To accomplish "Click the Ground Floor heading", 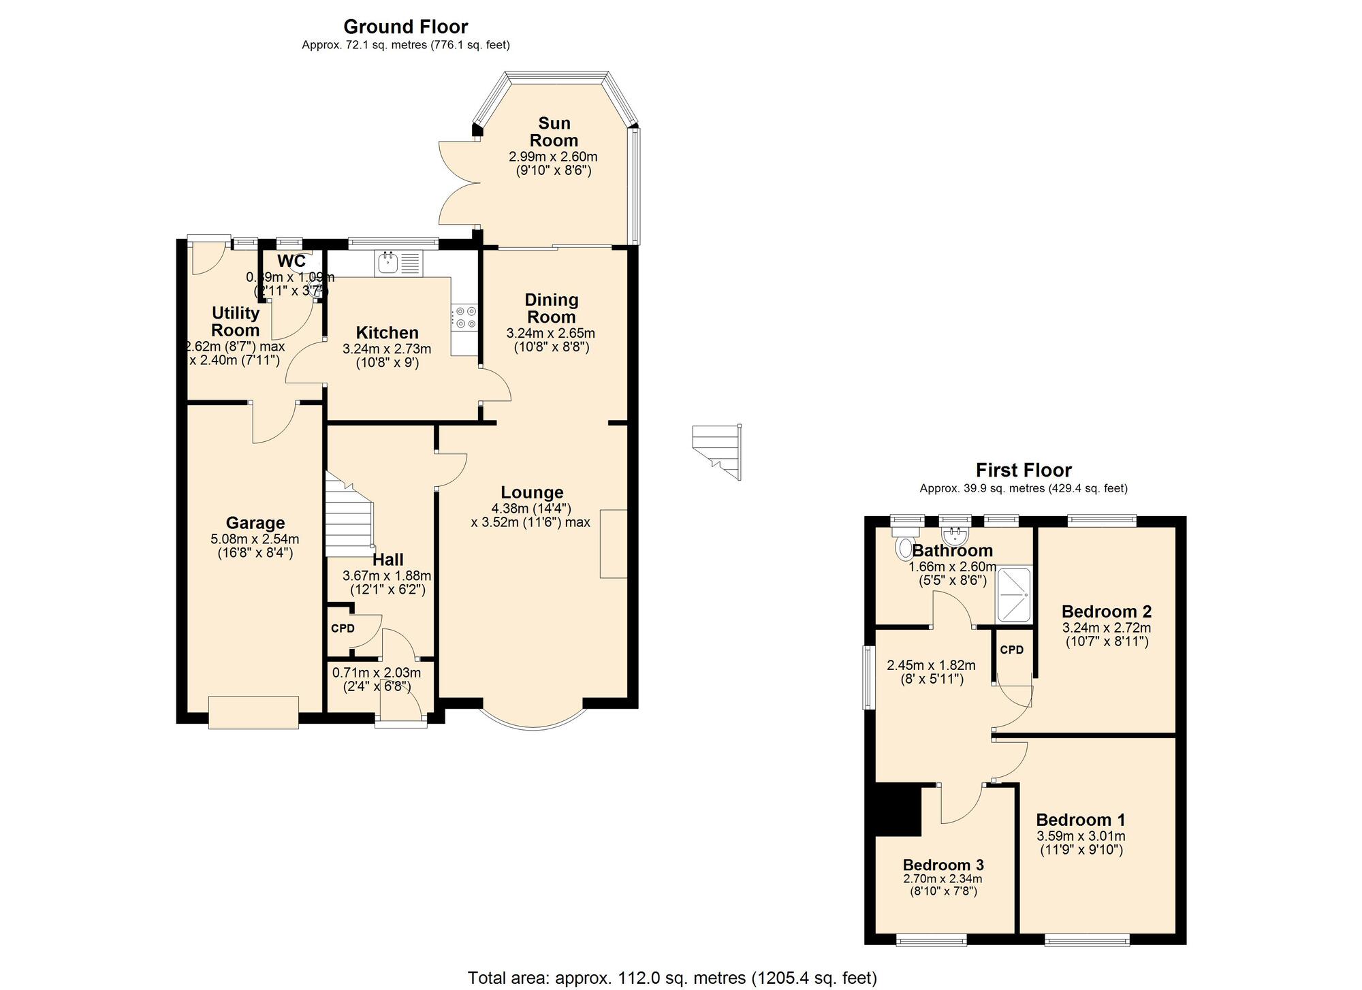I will click(x=405, y=27).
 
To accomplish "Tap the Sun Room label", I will click(x=554, y=132).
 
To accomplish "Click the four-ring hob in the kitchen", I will click(x=466, y=317).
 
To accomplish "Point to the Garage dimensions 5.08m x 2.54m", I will click(x=255, y=539).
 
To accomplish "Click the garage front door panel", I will click(x=253, y=712).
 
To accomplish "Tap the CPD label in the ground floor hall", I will click(x=343, y=628).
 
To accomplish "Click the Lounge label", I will click(x=532, y=492).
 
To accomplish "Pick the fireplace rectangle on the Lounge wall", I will click(x=613, y=543).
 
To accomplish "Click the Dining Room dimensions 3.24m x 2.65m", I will click(x=550, y=334).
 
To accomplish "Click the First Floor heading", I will click(x=1023, y=470).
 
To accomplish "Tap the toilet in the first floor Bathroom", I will click(x=906, y=546).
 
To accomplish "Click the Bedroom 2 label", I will click(x=1106, y=611).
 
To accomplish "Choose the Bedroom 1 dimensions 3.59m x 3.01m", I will click(x=1081, y=836).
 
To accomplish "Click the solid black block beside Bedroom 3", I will click(x=897, y=810).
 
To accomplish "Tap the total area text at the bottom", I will click(x=671, y=978).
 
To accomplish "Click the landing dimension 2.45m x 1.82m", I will click(x=930, y=665).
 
